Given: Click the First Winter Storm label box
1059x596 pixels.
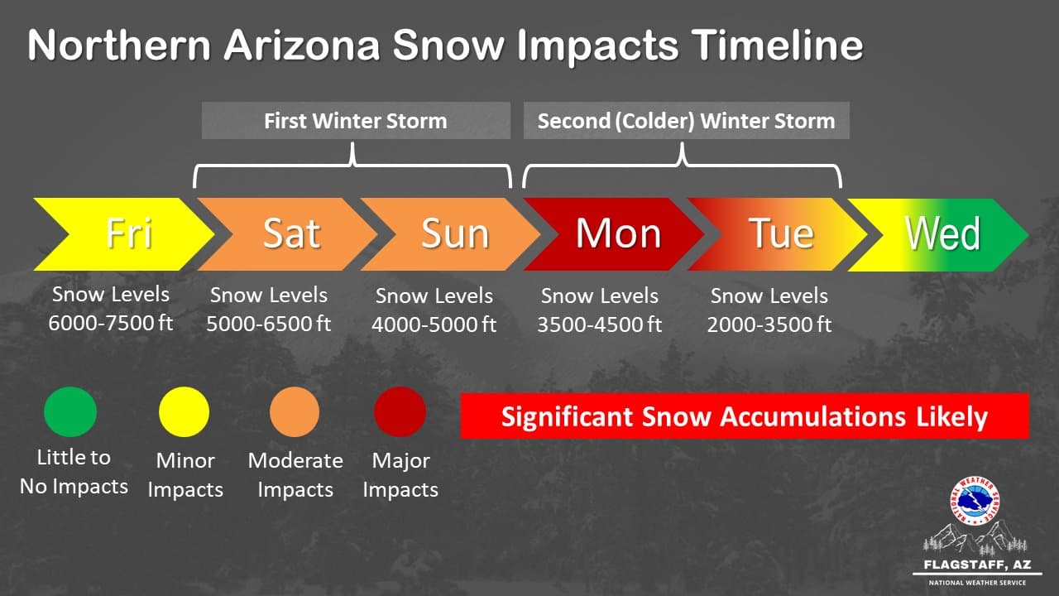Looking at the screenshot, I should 356,121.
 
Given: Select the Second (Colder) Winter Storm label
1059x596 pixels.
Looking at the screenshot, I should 686,121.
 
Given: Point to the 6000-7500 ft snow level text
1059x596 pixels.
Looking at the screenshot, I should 111,323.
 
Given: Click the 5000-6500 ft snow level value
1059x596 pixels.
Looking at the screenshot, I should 269,324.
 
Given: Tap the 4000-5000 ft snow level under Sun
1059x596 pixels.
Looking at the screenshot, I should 434,324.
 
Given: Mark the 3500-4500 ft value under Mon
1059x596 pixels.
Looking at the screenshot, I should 600,324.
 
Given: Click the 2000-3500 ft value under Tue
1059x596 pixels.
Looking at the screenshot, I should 769,324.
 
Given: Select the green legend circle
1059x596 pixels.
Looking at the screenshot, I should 70,411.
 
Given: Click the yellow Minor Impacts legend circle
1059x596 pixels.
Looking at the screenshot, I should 184,411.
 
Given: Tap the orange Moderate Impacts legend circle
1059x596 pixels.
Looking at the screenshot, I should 295,411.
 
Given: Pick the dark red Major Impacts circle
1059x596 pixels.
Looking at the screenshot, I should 400,411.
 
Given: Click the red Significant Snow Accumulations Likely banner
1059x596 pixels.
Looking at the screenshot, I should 744,416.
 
